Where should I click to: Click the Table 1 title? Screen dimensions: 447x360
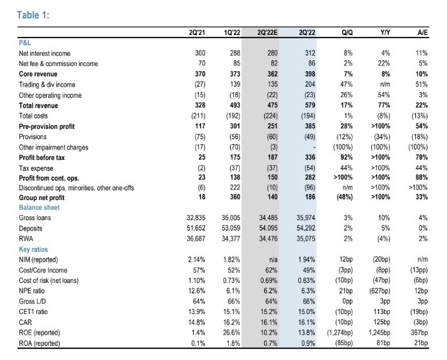click(33, 15)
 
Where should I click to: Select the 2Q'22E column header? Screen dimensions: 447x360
click(267, 32)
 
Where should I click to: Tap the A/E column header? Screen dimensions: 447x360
click(422, 32)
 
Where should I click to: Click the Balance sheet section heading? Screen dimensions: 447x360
click(40, 207)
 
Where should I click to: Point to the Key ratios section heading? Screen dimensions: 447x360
click(33, 249)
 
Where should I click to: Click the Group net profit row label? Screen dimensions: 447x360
click(41, 197)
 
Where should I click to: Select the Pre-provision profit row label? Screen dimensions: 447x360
click(47, 126)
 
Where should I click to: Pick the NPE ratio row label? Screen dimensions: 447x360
click(32, 291)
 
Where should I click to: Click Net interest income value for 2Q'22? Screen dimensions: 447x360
click(310, 53)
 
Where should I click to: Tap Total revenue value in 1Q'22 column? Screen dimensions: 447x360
click(235, 105)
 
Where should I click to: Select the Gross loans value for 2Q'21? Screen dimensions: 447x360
click(196, 218)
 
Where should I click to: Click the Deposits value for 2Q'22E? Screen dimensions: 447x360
click(268, 228)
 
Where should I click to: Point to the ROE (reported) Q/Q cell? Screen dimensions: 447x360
click(339, 333)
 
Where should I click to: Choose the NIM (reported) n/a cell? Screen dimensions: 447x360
click(273, 260)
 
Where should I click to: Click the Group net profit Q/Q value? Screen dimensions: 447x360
click(345, 197)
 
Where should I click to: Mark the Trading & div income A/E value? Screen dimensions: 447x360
click(422, 84)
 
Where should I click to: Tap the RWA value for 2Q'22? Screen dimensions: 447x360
click(306, 238)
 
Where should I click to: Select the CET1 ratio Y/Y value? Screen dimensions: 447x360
click(382, 312)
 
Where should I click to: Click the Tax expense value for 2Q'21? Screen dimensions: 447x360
click(201, 168)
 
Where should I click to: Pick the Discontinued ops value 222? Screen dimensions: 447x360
click(235, 187)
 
